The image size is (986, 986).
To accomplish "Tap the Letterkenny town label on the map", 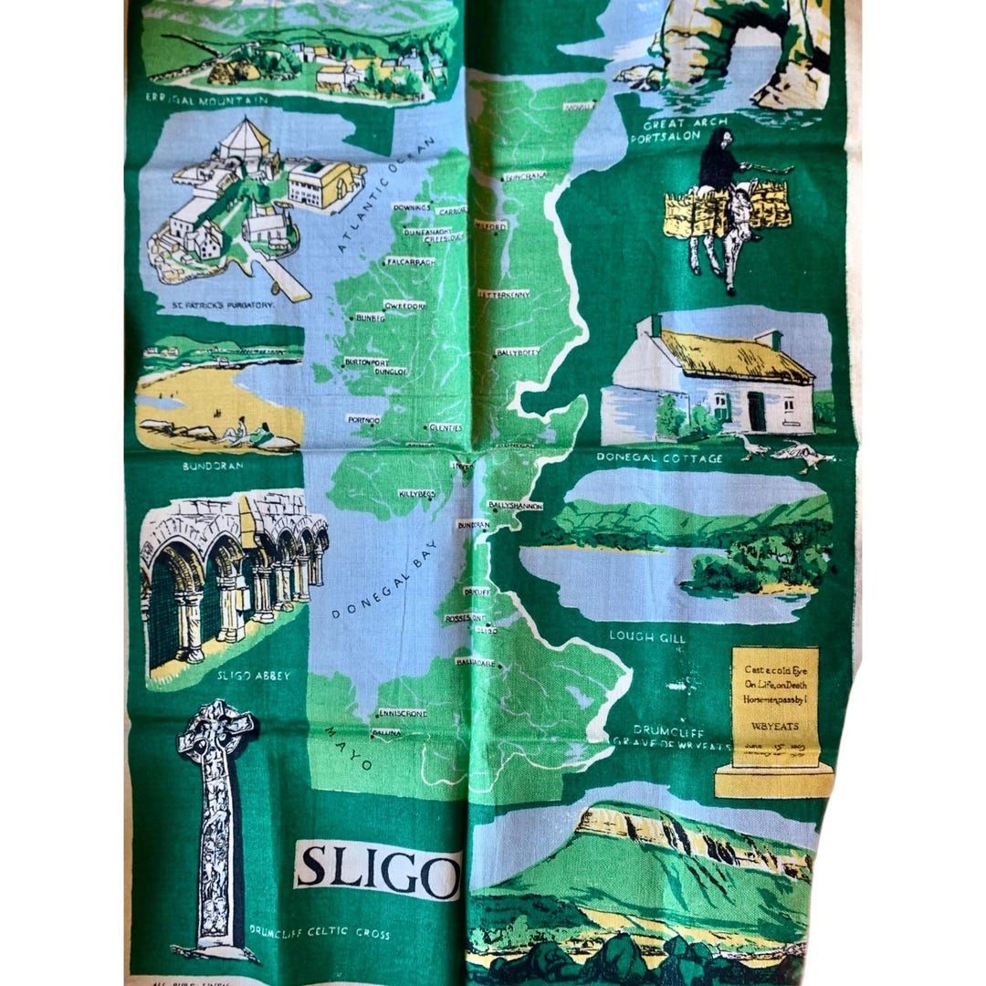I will (x=504, y=294).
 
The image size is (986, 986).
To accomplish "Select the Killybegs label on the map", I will (x=417, y=494).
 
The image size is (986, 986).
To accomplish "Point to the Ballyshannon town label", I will (x=516, y=505).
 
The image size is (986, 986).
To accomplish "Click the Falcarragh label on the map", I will (x=411, y=261).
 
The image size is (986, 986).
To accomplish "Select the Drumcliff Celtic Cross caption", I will (x=320, y=934).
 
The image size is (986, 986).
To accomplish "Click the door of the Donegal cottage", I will (x=756, y=410).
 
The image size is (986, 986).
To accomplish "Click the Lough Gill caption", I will (x=647, y=637).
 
